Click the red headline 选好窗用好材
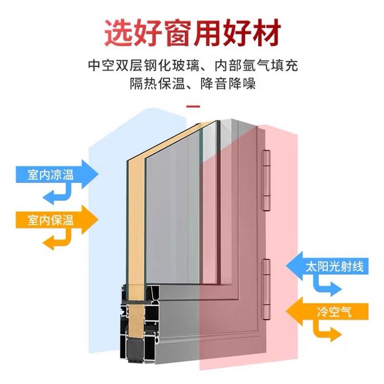coord(192,32)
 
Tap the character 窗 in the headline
coord(192,32)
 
